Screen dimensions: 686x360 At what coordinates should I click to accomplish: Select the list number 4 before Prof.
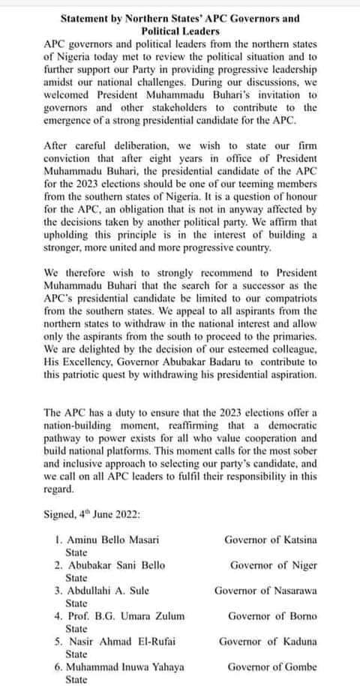[58, 615]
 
